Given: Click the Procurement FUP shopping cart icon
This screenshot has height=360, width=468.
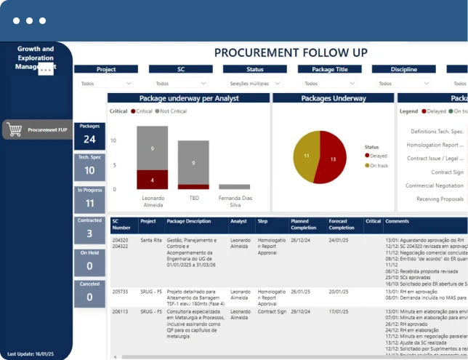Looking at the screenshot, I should (15, 129).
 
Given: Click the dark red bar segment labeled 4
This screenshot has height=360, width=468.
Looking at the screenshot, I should (152, 180).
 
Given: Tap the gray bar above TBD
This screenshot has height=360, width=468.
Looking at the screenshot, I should (193, 164).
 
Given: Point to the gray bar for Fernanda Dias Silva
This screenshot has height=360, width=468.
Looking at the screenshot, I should (234, 187).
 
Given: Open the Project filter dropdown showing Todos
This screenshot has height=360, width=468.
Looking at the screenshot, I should (106, 84).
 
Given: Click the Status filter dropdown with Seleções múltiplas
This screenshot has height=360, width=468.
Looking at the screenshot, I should (254, 84).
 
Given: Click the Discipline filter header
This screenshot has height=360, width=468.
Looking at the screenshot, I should (403, 70).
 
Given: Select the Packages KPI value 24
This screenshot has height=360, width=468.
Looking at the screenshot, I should (89, 140).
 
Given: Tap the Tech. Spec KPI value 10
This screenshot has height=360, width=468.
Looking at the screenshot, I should (89, 171).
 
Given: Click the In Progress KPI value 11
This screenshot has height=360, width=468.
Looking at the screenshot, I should (89, 203).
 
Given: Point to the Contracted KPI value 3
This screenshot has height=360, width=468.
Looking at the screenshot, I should (89, 233).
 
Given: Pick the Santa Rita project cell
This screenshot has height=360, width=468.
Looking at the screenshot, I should (151, 239).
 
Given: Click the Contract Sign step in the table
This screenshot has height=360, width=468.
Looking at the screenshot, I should (273, 311).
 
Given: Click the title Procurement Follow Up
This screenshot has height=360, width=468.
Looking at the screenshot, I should (291, 52).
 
